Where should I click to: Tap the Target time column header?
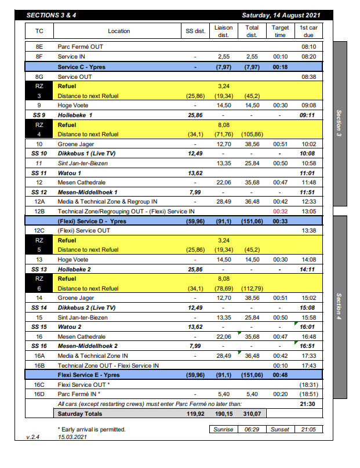tap(280, 31)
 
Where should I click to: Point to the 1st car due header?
tap(308, 31)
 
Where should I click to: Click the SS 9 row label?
tap(39, 115)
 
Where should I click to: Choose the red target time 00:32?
tap(280, 212)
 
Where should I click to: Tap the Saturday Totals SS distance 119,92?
tap(195, 413)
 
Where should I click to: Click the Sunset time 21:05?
tap(308, 430)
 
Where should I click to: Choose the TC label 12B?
tap(39, 212)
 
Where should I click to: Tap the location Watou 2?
tap(69, 326)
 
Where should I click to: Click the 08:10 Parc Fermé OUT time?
tap(308, 47)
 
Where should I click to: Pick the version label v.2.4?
tap(34, 437)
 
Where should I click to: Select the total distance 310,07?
tap(252, 413)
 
